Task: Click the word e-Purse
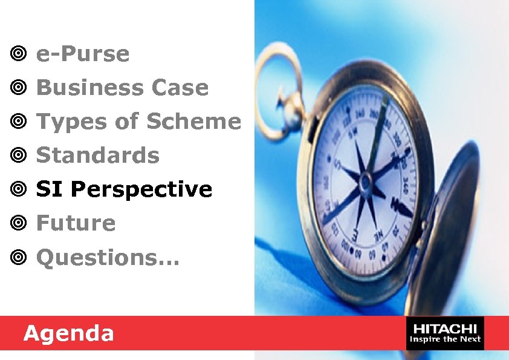pos(83,54)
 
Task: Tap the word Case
pos(180,88)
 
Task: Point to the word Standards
pos(98,155)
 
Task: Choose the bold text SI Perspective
pos(125,190)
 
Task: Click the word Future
pos(76,223)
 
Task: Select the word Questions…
pos(108,258)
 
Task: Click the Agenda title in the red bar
pos(68,333)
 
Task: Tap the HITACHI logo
pos(446,328)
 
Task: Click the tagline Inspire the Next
pos(446,339)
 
